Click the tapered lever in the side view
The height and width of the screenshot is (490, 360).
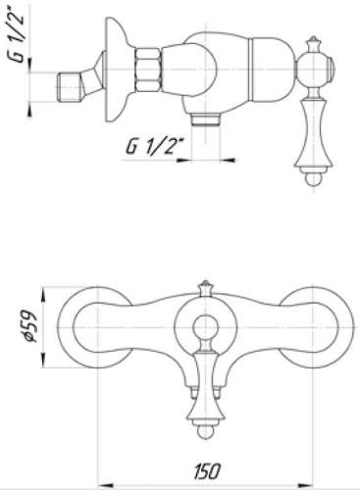315,118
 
